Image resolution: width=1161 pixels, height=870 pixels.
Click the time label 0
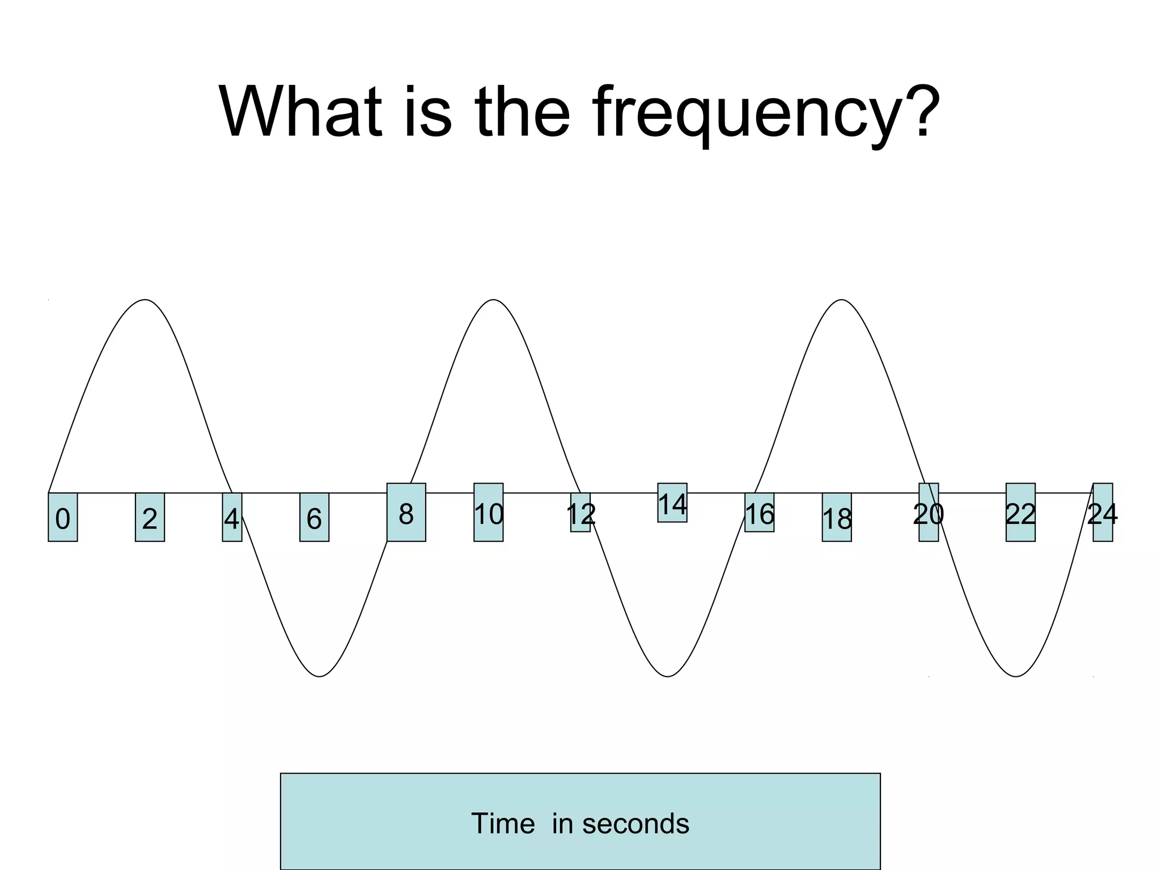[x=63, y=518]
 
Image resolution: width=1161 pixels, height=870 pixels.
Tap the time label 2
[x=150, y=518]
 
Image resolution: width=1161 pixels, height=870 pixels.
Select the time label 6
[x=314, y=518]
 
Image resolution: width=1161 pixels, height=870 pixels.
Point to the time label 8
[x=406, y=514]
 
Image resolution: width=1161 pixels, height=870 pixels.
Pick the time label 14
[x=672, y=504]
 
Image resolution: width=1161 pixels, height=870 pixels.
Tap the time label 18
[x=837, y=518]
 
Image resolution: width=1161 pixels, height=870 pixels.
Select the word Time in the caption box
[x=503, y=824]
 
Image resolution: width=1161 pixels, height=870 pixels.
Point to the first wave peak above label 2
[x=146, y=300]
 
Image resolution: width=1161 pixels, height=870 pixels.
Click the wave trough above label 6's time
[x=320, y=676]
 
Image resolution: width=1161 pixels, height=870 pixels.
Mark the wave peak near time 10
[x=494, y=300]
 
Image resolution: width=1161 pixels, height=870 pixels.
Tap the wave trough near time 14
[x=668, y=676]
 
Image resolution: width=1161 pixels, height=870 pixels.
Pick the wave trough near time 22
[x=1016, y=676]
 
